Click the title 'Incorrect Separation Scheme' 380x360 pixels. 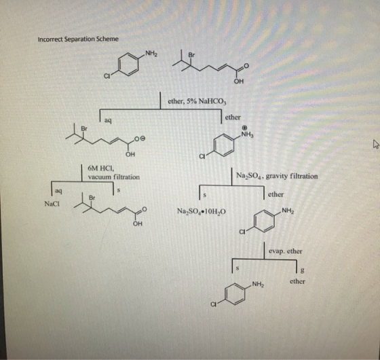point(78,39)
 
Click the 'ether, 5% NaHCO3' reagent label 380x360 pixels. point(197,101)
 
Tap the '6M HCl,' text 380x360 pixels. point(99,168)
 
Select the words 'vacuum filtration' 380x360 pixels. point(114,177)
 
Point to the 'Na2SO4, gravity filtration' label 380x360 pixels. point(277,176)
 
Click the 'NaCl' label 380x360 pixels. point(52,204)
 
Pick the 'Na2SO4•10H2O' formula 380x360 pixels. point(202,211)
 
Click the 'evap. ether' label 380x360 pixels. point(286,251)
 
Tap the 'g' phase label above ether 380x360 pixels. point(302,270)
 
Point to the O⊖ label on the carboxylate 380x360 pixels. point(140,138)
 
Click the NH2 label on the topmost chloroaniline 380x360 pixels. point(151,54)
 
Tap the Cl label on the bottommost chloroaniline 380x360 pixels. point(213,304)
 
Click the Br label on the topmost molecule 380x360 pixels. point(191,55)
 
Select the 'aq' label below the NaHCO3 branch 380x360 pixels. point(108,120)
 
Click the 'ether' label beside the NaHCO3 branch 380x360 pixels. point(233,118)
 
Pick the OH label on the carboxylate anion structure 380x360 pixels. point(130,154)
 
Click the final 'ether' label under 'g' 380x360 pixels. point(297,281)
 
